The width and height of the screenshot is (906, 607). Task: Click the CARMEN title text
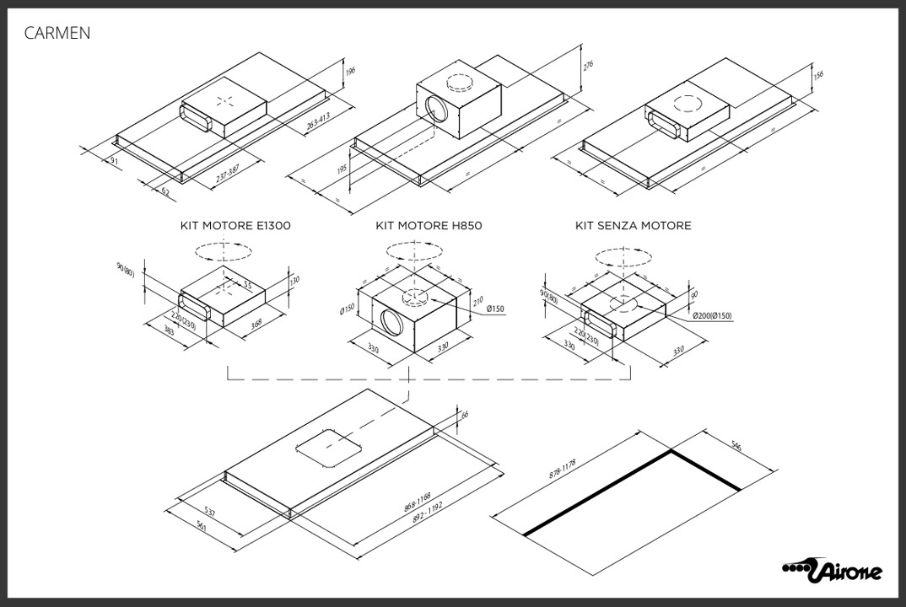point(57,33)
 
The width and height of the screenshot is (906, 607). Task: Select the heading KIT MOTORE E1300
point(235,226)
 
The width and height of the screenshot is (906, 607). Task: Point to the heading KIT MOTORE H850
point(429,226)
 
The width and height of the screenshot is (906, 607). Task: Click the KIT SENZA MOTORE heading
point(633,226)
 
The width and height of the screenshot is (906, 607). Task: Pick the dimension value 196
point(351,73)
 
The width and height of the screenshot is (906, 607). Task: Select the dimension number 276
point(588,64)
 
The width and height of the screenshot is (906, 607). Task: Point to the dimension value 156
point(817,75)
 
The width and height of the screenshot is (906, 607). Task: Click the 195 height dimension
point(342,170)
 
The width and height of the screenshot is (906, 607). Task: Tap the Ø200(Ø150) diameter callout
point(713,315)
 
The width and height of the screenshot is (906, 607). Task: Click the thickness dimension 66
point(465,416)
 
